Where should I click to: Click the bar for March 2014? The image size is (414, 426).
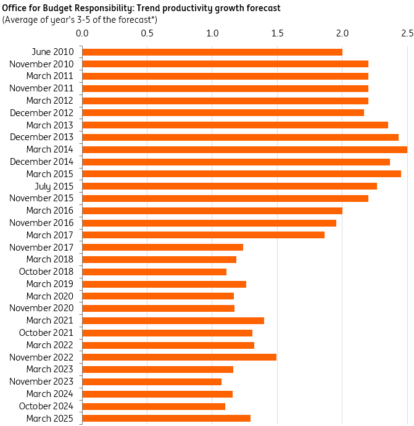click(x=244, y=149)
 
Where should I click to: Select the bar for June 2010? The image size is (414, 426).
click(x=212, y=52)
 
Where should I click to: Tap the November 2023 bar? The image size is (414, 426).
click(x=152, y=382)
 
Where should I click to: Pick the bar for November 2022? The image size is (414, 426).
click(x=179, y=357)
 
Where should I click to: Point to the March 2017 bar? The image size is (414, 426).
click(x=203, y=235)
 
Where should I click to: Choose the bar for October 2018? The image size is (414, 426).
click(x=154, y=272)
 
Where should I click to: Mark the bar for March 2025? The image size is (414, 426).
click(x=166, y=418)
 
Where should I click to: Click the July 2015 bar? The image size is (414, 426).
click(x=230, y=186)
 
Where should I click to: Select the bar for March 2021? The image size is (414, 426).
click(x=173, y=320)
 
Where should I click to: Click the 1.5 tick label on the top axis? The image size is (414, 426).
click(x=277, y=32)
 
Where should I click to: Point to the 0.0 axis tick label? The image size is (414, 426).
click(x=82, y=32)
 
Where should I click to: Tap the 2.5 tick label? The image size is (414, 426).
click(x=407, y=32)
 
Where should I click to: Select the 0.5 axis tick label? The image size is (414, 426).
click(x=147, y=32)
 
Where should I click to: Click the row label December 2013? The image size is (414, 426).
click(x=41, y=137)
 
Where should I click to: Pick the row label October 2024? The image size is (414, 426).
click(x=46, y=406)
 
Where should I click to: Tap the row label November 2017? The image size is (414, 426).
click(x=41, y=247)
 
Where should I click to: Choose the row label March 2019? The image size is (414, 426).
click(x=50, y=284)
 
